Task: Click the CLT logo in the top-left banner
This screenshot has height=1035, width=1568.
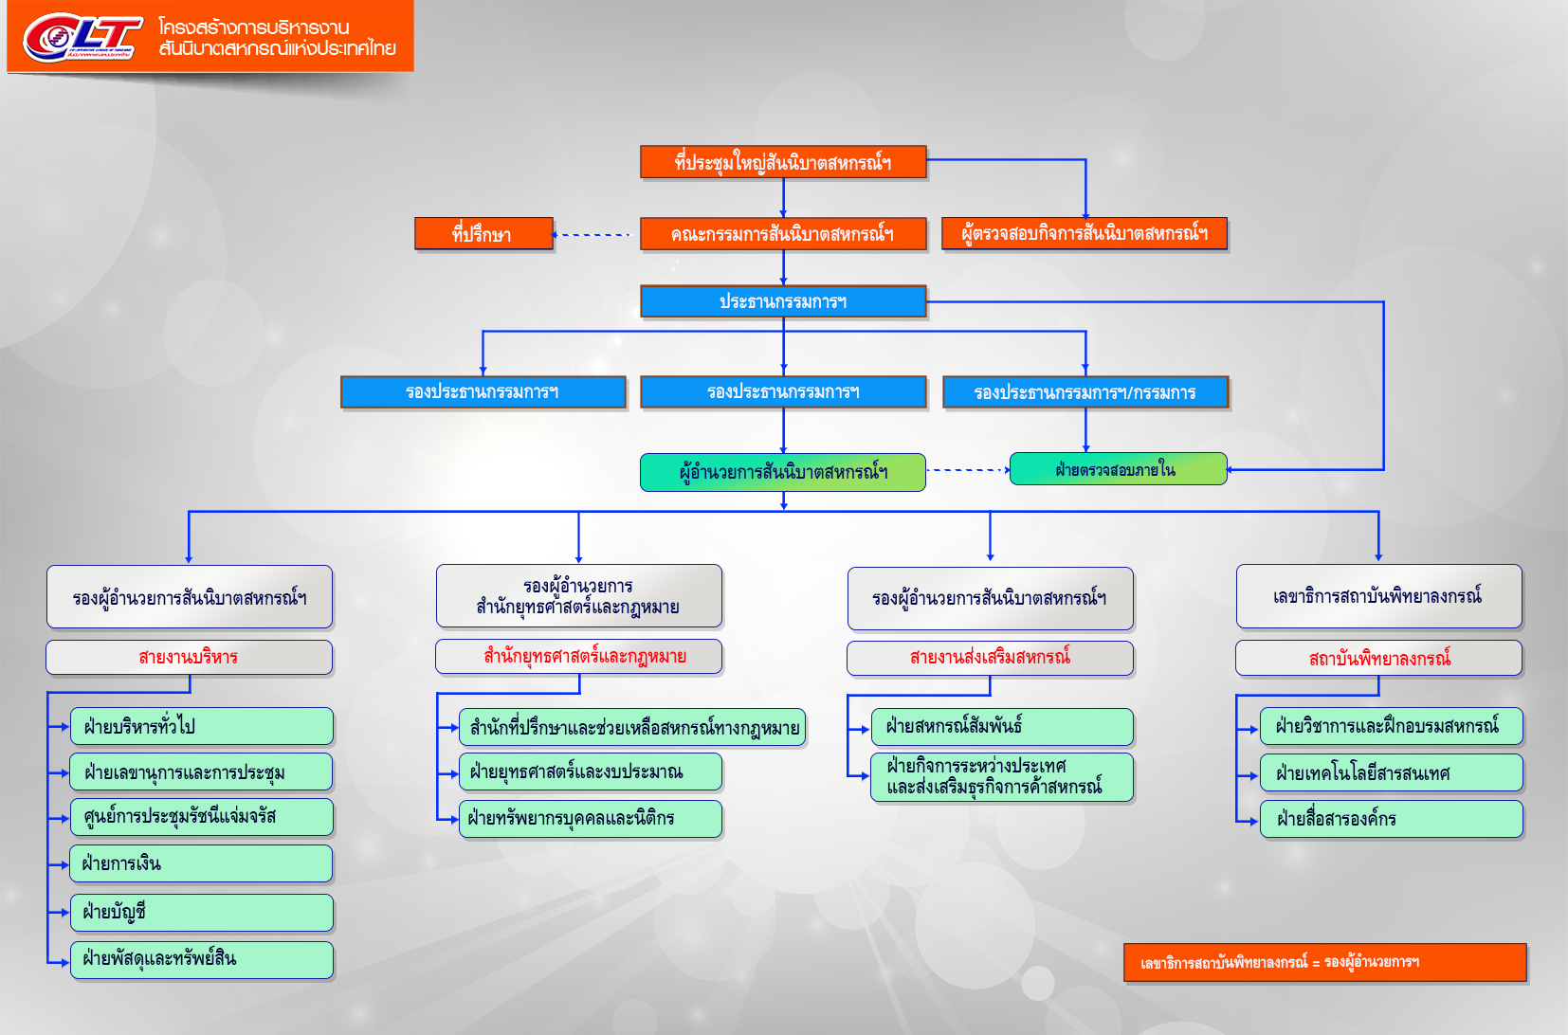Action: pyautogui.click(x=82, y=37)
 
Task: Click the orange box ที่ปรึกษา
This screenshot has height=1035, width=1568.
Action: pyautogui.click(x=483, y=234)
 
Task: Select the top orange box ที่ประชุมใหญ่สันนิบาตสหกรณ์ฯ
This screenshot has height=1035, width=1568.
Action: pyautogui.click(x=783, y=162)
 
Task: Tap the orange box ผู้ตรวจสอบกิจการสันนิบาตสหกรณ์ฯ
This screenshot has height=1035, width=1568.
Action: pyautogui.click(x=1085, y=233)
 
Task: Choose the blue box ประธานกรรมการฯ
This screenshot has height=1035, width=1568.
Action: pyautogui.click(x=783, y=301)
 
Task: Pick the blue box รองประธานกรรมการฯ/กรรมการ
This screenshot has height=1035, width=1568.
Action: pyautogui.click(x=1085, y=392)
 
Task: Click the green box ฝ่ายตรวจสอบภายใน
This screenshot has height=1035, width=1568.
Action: pyautogui.click(x=1118, y=469)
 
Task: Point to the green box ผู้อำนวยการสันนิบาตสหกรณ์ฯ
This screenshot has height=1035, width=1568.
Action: pyautogui.click(x=783, y=472)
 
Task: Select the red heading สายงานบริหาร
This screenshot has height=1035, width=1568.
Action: pyautogui.click(x=189, y=657)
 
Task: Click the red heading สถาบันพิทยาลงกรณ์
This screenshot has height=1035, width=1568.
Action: pyautogui.click(x=1378, y=658)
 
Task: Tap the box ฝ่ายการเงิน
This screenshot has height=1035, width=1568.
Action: pyautogui.click(x=201, y=863)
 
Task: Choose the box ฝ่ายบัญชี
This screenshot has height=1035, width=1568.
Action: pyautogui.click(x=201, y=912)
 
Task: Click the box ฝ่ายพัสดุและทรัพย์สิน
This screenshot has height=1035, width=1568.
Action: pyautogui.click(x=201, y=959)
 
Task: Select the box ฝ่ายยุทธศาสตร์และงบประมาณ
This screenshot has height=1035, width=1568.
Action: pyautogui.click(x=590, y=772)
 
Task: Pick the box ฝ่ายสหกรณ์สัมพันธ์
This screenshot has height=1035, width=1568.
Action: pyautogui.click(x=1002, y=727)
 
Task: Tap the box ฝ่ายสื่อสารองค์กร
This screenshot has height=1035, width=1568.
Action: pyautogui.click(x=1391, y=819)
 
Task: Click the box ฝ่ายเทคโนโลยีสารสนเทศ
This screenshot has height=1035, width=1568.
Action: pyautogui.click(x=1391, y=773)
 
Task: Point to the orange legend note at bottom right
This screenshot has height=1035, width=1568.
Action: pyautogui.click(x=1324, y=963)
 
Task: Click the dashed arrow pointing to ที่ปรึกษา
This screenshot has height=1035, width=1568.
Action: pyautogui.click(x=592, y=235)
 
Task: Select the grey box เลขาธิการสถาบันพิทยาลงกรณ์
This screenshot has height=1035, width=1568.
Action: pyautogui.click(x=1378, y=596)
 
